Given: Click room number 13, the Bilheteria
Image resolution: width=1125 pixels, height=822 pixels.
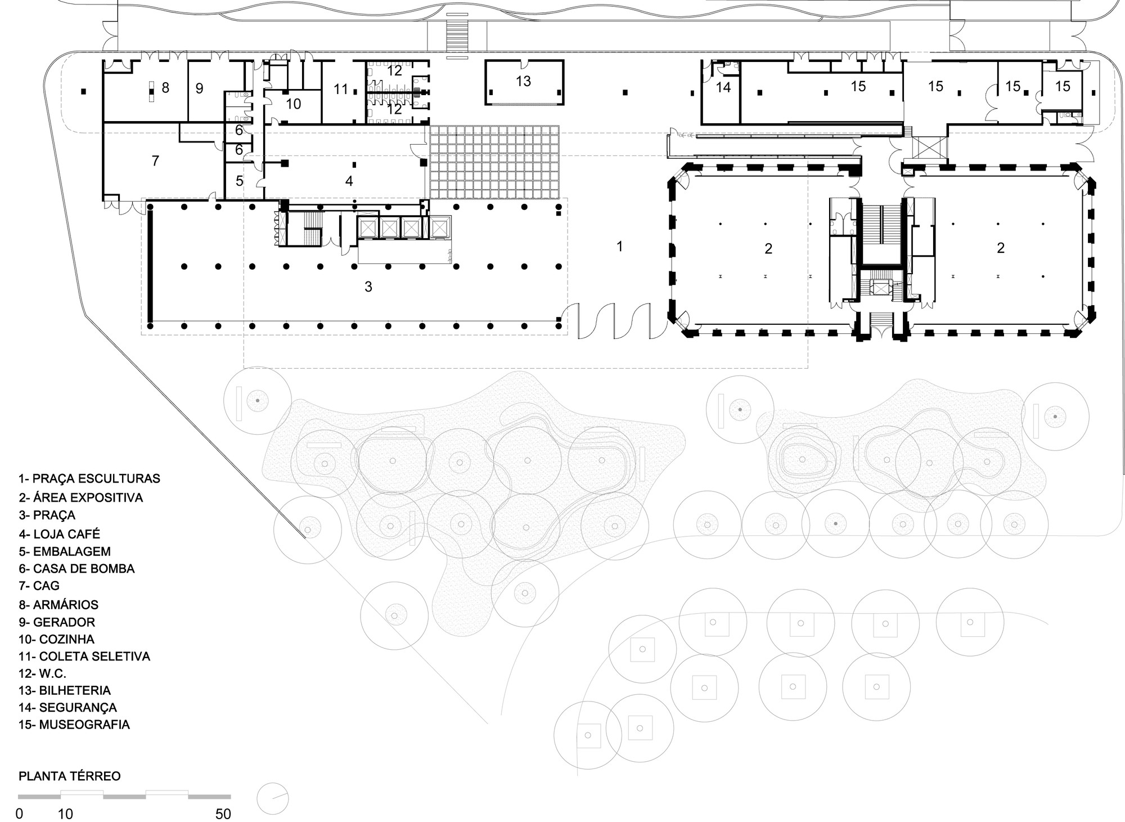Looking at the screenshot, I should [523, 82].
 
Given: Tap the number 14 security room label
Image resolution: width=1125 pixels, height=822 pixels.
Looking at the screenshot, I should [723, 88].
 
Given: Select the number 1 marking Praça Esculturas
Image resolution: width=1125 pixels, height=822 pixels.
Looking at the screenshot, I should [619, 246].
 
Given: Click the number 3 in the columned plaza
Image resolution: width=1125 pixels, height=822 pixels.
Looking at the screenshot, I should [368, 287].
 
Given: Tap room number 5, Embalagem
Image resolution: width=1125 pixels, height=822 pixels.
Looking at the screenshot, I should [240, 181].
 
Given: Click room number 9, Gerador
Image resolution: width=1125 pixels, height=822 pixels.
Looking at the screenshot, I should [199, 88].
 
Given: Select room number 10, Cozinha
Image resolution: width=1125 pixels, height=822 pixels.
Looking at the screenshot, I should [293, 104].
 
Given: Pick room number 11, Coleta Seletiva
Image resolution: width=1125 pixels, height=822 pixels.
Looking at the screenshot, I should [341, 89].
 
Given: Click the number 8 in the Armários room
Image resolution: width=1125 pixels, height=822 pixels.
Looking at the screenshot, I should [165, 88].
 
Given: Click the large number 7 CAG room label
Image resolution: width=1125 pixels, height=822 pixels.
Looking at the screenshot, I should [155, 161].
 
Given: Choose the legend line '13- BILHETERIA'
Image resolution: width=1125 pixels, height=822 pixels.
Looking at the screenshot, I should [65, 690].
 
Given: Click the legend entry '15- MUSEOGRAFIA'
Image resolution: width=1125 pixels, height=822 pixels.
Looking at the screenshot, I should [74, 725].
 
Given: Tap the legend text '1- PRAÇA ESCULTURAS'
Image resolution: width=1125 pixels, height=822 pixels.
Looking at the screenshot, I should [89, 479].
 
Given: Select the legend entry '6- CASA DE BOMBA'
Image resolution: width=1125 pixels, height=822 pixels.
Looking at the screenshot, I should [76, 569].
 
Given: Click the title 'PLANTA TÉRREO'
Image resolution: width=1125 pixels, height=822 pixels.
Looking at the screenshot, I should [70, 776].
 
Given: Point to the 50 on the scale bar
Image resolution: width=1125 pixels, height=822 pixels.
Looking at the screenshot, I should [223, 814].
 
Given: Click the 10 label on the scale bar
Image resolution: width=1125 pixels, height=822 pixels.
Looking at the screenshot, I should [65, 814].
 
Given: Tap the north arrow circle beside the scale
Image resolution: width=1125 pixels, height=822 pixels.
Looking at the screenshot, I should [273, 798].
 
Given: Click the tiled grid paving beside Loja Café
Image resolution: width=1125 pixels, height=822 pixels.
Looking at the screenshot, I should [494, 162].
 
